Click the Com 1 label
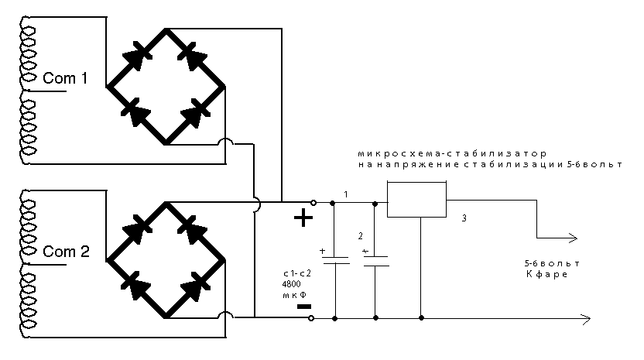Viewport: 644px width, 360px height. pos(65,79)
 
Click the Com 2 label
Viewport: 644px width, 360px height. pos(66,252)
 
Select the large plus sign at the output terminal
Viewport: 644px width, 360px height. pos(303,219)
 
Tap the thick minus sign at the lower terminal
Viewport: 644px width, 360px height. pos(304,306)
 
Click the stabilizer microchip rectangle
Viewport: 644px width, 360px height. pos(417,200)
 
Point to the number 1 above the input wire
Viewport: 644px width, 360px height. pos(346,193)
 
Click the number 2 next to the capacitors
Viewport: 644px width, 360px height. pos(359,235)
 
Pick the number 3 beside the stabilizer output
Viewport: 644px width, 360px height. pos(463,219)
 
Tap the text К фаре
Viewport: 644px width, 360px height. pos(547,275)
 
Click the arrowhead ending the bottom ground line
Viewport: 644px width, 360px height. pos(588,318)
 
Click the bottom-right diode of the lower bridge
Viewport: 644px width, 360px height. pos(194,289)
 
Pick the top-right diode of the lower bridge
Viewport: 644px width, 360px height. pos(194,228)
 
